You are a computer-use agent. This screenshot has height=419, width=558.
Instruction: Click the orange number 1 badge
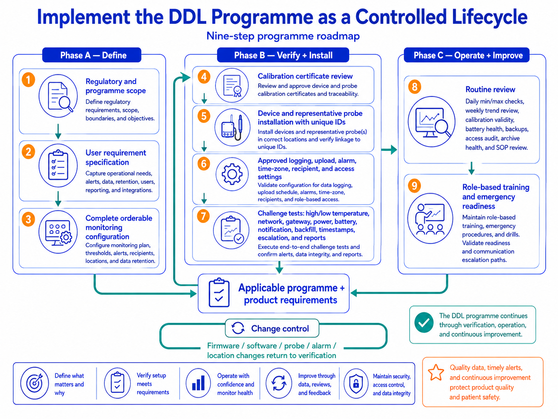[x=28, y=79]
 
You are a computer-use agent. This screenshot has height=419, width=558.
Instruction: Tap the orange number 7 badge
[x=203, y=216]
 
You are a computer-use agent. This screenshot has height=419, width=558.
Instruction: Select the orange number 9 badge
[x=414, y=186]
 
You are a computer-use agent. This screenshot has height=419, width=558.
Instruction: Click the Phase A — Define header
[x=92, y=55]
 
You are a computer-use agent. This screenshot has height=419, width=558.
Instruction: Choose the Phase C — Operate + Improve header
[x=467, y=55]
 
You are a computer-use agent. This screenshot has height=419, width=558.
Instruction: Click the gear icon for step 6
[x=232, y=174]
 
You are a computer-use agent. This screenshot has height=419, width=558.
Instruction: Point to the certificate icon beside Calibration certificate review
[x=232, y=85]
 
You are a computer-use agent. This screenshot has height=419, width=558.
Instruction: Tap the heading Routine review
[x=490, y=89]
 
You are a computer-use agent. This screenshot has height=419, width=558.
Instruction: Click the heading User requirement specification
[x=116, y=157]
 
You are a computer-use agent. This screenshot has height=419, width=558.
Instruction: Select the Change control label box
[x=272, y=328]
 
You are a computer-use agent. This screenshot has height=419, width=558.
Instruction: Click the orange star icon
[x=436, y=372]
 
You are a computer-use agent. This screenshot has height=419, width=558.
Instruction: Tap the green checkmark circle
[x=424, y=322]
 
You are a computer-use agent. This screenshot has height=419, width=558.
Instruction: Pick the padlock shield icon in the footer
[x=356, y=384]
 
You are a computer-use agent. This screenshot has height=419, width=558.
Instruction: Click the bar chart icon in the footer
[x=198, y=383]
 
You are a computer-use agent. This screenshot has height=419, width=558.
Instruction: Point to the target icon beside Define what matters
[x=35, y=383]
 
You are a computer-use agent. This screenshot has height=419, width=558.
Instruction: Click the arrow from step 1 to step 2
[x=58, y=131]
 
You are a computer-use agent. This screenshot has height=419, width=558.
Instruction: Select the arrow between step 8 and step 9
[x=472, y=168]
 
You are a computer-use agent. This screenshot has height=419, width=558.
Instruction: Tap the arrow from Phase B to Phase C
[x=389, y=150]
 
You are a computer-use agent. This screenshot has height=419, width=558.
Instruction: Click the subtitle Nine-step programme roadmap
[x=283, y=36]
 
